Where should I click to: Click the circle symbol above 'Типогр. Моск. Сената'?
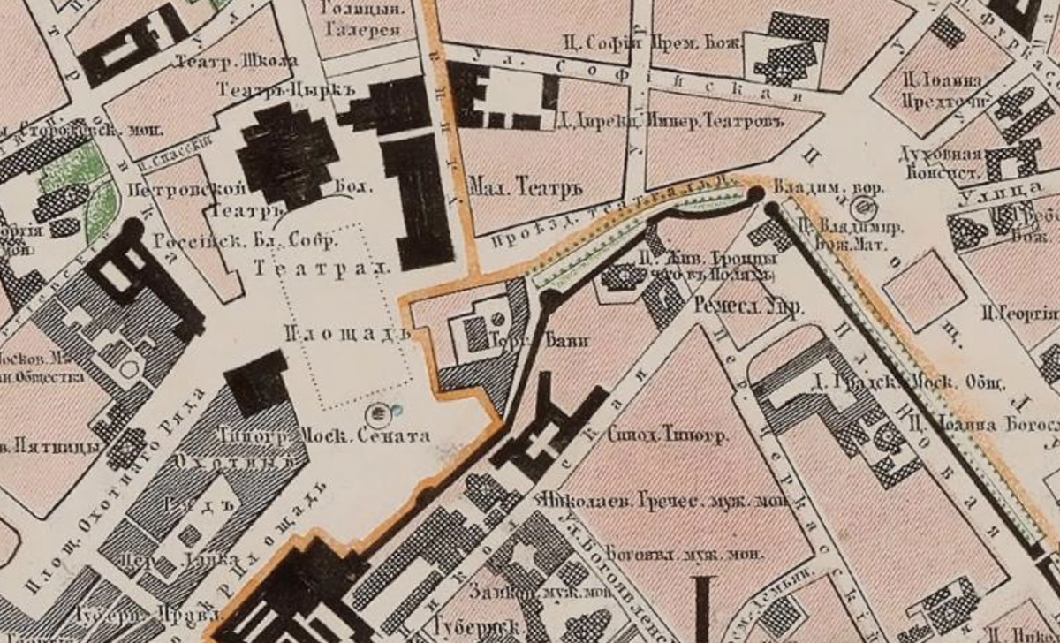pos(380,412)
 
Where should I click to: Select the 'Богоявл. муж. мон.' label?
pos(670,555)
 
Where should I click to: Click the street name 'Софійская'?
pos(645,81)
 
